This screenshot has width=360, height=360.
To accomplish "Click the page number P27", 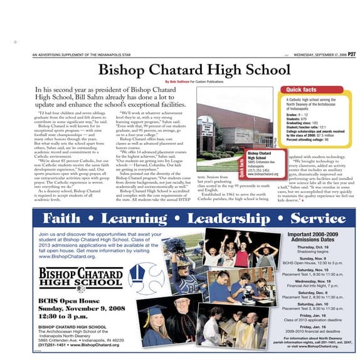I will tap(353, 55).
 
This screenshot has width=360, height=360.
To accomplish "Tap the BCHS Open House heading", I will tap(62, 300).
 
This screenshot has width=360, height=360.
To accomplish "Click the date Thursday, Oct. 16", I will tap(313, 247).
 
